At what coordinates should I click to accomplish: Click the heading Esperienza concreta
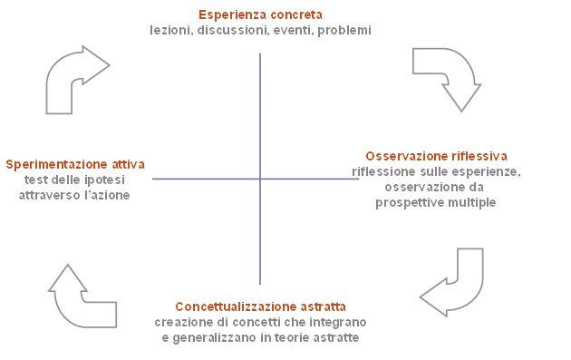(260, 15)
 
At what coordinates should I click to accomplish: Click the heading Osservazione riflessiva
(436, 156)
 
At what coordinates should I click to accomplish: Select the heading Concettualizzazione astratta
(260, 306)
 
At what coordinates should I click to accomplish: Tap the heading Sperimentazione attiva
(75, 164)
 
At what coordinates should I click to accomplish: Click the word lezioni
(171, 30)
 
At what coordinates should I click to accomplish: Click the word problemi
(344, 31)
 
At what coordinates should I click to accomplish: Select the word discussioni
(233, 30)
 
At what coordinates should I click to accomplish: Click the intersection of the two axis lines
(260, 179)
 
